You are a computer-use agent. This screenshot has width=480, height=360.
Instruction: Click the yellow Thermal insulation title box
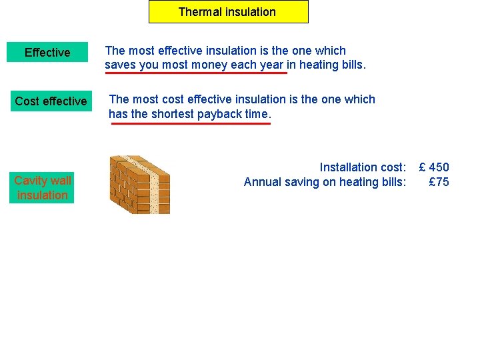[228, 12]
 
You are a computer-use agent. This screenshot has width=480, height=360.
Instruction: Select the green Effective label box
[47, 53]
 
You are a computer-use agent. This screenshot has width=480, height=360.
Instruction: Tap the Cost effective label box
[51, 101]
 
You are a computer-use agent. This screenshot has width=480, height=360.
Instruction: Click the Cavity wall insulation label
[43, 188]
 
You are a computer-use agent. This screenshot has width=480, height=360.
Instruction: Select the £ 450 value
[433, 167]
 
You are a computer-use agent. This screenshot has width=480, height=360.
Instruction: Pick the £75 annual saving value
[439, 182]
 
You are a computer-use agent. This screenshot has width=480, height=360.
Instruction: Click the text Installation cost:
[362, 167]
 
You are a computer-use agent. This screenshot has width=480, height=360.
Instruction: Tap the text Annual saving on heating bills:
[325, 182]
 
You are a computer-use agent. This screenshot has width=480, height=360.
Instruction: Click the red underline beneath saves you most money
[195, 73]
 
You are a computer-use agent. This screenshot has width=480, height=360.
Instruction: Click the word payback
[219, 114]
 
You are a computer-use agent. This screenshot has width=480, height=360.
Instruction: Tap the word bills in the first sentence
[351, 65]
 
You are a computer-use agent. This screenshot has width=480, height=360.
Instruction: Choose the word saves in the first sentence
[120, 65]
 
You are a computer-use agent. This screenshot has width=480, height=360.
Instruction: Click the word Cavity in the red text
[29, 181]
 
